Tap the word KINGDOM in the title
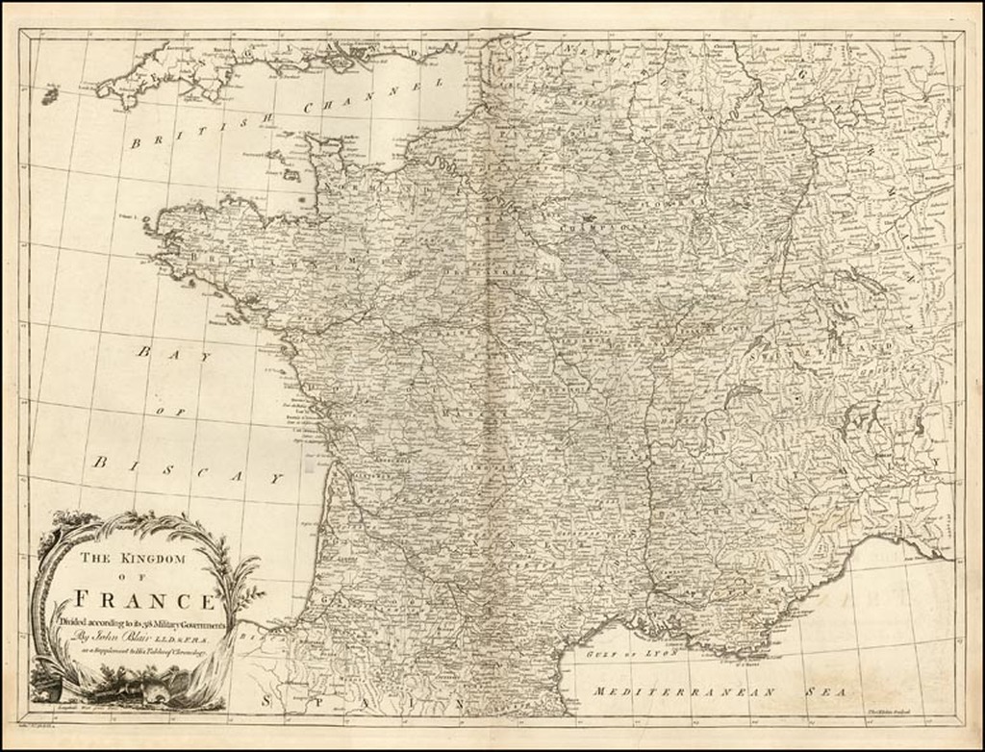pyautogui.click(x=156, y=559)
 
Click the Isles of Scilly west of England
pyautogui.click(x=49, y=94)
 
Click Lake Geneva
pyautogui.click(x=741, y=394)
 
